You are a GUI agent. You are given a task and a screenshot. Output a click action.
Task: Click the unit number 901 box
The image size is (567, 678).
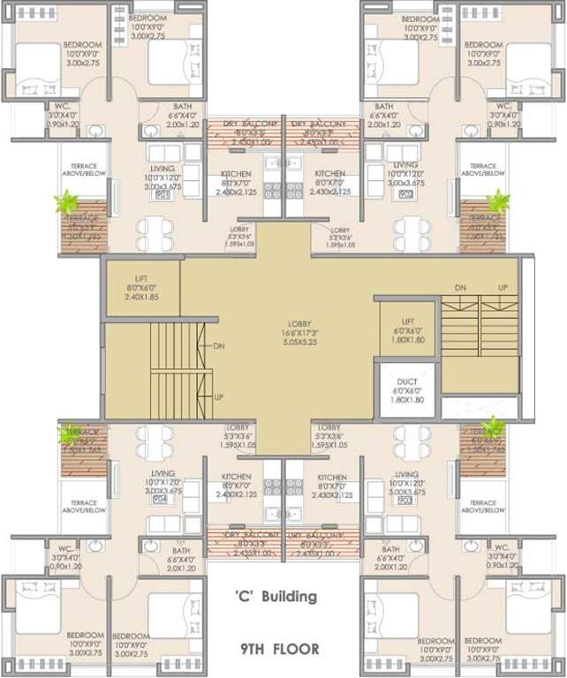162,196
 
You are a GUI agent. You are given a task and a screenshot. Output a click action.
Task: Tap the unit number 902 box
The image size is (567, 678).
405,196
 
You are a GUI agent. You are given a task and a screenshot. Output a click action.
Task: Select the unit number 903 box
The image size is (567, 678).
405,500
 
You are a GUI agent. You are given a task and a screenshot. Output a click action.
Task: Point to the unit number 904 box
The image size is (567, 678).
160,500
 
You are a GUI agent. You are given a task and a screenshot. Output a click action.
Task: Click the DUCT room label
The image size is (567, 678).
407,381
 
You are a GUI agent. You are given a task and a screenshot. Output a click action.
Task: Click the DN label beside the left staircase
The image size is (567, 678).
219,346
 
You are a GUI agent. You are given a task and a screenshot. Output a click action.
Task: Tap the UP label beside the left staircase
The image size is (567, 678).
219,397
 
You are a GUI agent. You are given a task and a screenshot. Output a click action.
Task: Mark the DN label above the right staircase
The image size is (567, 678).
460,289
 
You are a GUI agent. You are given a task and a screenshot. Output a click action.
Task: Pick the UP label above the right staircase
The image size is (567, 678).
503,289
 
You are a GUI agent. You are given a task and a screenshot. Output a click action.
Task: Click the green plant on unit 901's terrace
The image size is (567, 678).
65,203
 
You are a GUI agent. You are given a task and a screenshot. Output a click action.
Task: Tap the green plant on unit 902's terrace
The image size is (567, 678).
498,201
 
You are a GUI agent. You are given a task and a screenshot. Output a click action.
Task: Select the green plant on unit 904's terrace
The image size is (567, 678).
68,433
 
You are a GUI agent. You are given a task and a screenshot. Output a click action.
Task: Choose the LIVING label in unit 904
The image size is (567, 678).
162,475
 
